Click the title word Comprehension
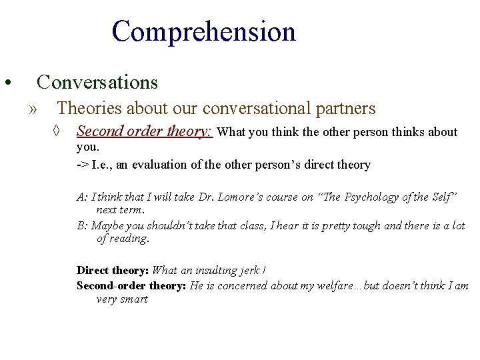click(203, 32)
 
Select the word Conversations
click(97, 82)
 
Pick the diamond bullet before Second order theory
click(58, 131)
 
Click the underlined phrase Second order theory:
click(145, 131)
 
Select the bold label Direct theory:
click(113, 270)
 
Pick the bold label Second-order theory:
click(132, 285)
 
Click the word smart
click(133, 299)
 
